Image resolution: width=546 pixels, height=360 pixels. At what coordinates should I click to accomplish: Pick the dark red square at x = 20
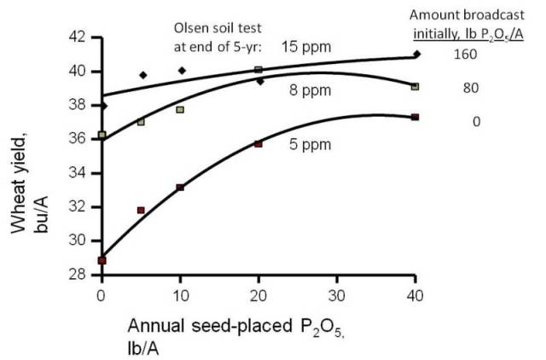pyautogui.click(x=258, y=144)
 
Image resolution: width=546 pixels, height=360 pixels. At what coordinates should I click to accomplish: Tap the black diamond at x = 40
pyautogui.click(x=415, y=54)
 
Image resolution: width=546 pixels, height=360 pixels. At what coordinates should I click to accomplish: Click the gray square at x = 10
pyautogui.click(x=180, y=109)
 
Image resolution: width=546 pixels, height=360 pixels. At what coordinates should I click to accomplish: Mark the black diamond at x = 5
pyautogui.click(x=142, y=75)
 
